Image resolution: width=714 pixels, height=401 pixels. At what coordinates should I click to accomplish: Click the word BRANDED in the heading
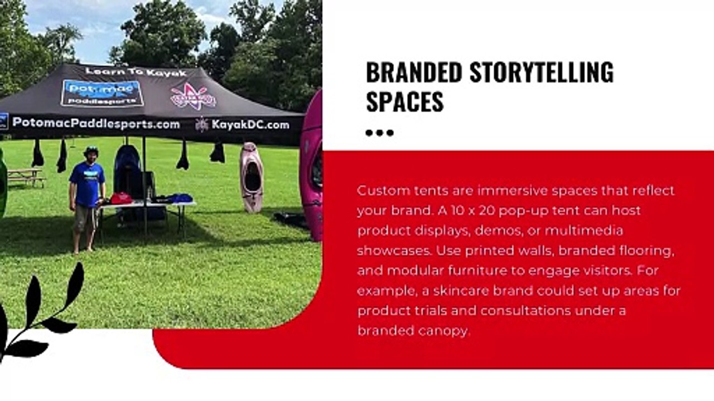[414, 72]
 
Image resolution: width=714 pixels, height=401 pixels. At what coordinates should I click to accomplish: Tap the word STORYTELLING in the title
[542, 72]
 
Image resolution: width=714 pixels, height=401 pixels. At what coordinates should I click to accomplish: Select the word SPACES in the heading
[405, 101]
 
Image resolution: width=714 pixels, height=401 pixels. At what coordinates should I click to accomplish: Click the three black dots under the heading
[380, 133]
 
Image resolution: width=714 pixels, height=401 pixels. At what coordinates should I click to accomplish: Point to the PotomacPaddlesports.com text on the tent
[96, 123]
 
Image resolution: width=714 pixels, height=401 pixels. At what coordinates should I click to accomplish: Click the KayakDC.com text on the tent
[250, 125]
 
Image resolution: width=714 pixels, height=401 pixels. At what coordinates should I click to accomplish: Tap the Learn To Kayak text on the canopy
[136, 72]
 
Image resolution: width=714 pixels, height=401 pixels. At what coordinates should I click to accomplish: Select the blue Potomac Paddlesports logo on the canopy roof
[102, 93]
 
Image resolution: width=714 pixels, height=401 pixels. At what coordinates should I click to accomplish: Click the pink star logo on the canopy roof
[193, 96]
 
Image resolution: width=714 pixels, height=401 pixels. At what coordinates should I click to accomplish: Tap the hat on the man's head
[91, 150]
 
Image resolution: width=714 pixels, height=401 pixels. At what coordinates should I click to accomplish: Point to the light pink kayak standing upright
[252, 178]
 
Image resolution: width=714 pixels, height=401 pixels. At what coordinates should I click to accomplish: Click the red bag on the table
[121, 198]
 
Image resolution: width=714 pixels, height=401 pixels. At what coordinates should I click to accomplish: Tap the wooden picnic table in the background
[25, 177]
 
